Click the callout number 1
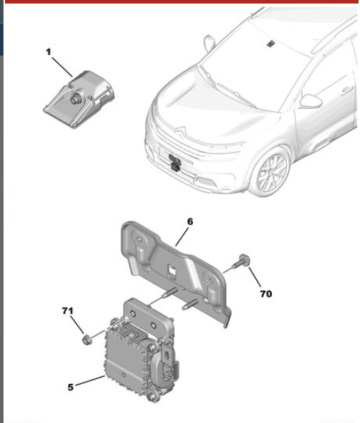[x=48, y=52]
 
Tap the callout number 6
[x=190, y=221]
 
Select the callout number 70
[x=266, y=294]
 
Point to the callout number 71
[x=68, y=310]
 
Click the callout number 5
[x=70, y=387]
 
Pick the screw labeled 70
[x=241, y=261]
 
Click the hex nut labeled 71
[x=87, y=340]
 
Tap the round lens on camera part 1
[x=75, y=99]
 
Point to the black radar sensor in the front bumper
[x=174, y=162]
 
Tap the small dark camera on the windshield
[x=270, y=43]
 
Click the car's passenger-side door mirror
[x=311, y=101]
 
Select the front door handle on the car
[x=347, y=89]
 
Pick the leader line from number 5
[x=90, y=381]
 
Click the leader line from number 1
[x=62, y=67]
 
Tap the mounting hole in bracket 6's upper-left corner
[x=139, y=239]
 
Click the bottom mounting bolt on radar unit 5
[x=153, y=396]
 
